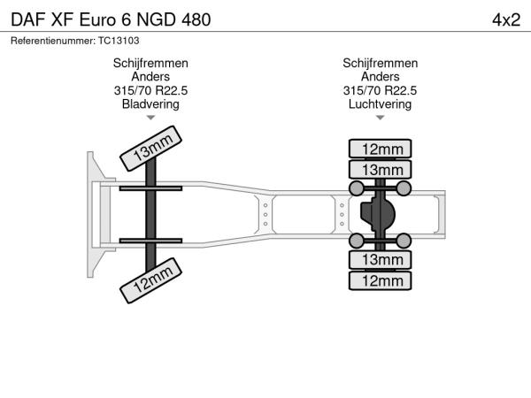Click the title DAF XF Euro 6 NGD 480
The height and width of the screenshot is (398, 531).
tap(111, 19)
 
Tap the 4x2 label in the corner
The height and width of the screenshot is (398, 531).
tap(506, 20)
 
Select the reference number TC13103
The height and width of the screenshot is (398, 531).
tap(119, 41)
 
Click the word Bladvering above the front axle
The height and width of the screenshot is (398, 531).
tap(150, 103)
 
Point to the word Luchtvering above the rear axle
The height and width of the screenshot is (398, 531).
tap(380, 103)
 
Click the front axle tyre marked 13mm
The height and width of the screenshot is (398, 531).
tap(151, 149)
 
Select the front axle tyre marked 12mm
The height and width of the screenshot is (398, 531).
tap(151, 280)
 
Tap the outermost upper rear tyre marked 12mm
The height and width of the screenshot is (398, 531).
tap(380, 149)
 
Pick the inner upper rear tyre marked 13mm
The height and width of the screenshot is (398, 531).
tap(380, 170)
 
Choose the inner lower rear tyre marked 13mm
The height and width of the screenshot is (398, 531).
tap(380, 260)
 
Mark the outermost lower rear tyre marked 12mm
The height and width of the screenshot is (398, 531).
tap(380, 281)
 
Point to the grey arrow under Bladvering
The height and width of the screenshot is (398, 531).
tap(150, 118)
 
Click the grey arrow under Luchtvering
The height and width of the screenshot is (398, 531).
tap(380, 118)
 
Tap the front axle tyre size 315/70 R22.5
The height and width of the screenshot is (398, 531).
tap(150, 90)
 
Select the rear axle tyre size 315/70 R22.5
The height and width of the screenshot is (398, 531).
tap(380, 90)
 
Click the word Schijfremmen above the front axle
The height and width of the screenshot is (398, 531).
tap(150, 64)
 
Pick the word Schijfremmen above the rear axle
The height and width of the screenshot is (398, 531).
tap(380, 64)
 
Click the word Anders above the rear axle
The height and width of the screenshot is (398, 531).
tap(380, 76)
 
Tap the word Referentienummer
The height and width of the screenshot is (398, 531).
tap(53, 41)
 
